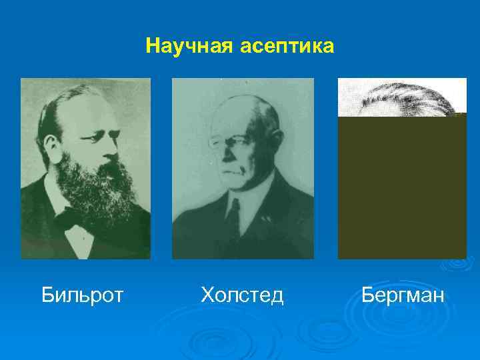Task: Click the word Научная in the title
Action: coord(184,47)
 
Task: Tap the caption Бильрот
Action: coord(82,294)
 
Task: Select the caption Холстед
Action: coord(242,294)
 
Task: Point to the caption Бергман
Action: coord(402,294)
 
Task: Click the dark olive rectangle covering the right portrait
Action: coord(402,187)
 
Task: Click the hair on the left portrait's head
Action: coord(63,107)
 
